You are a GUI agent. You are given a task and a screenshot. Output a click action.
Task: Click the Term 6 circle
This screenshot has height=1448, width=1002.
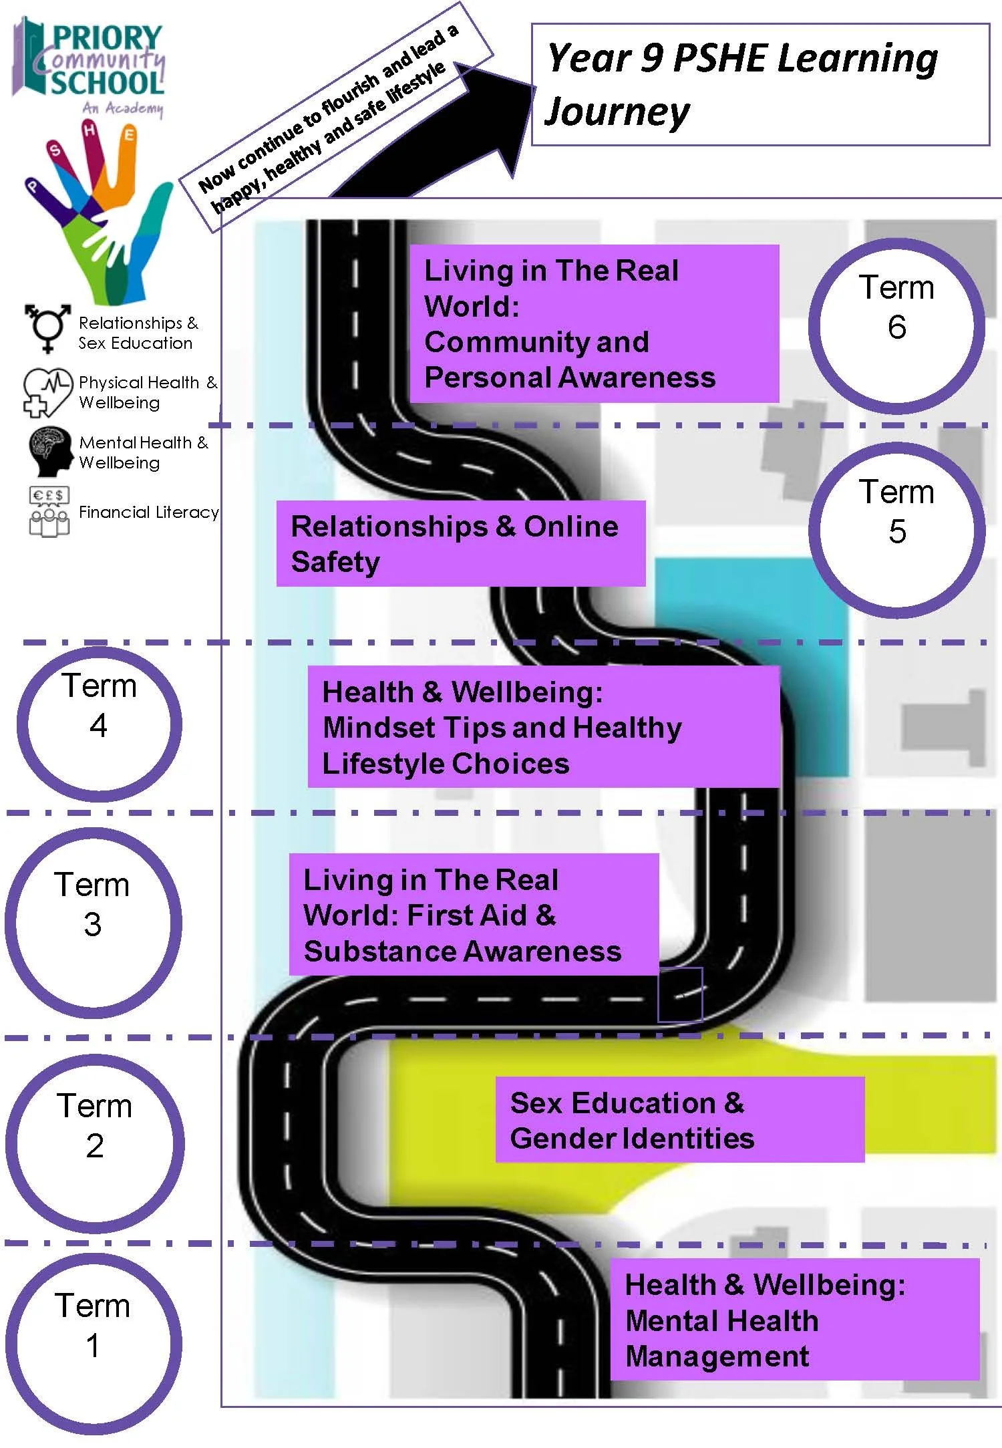coord(896,325)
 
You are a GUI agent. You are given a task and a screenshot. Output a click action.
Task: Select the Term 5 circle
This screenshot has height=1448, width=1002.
coord(896,530)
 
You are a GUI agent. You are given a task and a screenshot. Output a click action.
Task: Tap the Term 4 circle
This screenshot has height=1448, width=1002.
coord(99,724)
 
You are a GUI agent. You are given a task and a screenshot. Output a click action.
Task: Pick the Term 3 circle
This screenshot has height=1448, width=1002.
coord(93,923)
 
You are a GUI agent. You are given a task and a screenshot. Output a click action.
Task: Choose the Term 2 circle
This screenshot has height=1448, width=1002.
coord(94,1144)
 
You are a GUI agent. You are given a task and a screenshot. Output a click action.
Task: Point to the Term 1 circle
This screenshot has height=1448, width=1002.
coord(93,1344)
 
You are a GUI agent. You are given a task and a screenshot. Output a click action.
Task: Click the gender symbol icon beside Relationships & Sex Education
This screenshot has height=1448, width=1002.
coord(47,327)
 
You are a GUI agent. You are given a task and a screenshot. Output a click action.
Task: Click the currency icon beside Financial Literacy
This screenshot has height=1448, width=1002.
coord(48,511)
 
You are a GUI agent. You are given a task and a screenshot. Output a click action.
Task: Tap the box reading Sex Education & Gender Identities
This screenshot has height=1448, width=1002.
coord(679,1119)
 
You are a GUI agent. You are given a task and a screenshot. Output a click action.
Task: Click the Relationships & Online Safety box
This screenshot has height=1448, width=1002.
coord(460,543)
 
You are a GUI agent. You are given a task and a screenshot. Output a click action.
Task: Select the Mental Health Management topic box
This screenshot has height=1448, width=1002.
coord(794,1319)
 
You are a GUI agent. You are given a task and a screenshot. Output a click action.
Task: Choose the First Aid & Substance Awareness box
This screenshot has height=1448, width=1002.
coord(474,914)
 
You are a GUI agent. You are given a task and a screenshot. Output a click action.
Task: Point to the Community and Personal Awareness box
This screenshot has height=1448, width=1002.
coord(594,323)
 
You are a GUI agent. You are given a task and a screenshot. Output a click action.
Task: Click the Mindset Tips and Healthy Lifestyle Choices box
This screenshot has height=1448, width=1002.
coord(543,726)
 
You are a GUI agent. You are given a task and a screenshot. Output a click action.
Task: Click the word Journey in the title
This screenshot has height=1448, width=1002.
coord(617,112)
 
